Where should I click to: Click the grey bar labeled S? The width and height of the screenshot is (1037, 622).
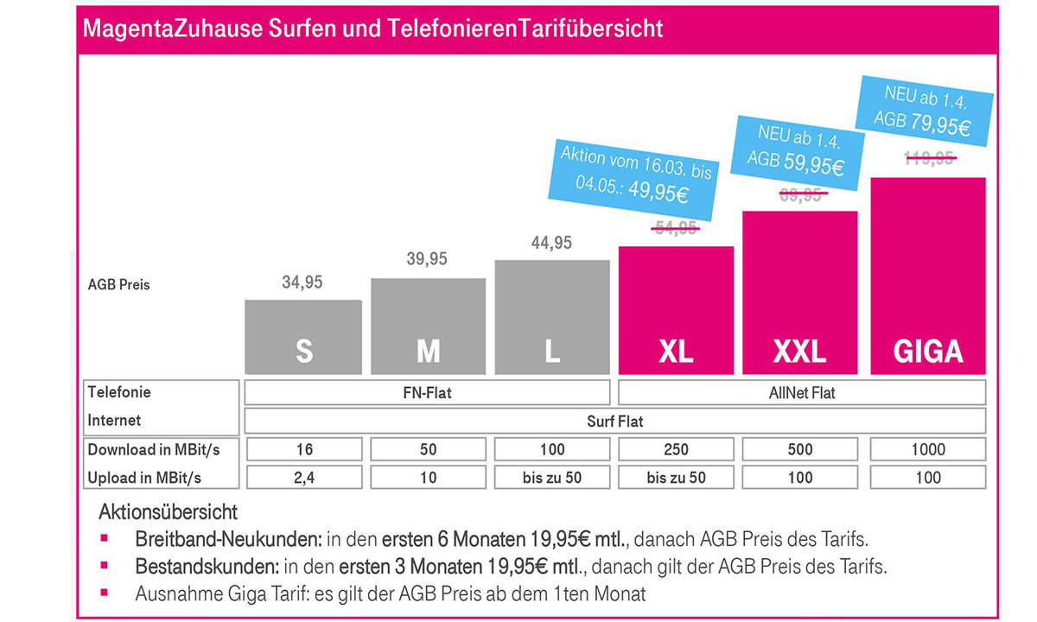(303, 337)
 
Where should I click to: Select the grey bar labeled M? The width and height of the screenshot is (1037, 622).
(428, 327)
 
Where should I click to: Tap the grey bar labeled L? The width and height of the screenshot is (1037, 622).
(551, 317)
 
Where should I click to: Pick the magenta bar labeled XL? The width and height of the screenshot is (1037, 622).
(677, 310)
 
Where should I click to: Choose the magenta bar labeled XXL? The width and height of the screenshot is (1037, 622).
(800, 293)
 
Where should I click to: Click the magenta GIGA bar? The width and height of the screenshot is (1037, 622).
(927, 276)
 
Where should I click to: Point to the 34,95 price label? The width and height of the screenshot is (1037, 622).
(302, 282)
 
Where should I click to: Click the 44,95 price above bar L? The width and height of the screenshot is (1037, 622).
(550, 243)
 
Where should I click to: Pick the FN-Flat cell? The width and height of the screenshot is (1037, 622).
(428, 393)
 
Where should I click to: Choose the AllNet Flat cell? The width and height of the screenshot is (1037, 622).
(802, 393)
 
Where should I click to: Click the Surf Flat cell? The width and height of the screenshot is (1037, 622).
(614, 422)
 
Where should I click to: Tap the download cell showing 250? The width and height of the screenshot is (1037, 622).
(677, 449)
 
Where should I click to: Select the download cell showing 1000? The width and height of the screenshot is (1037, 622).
(927, 449)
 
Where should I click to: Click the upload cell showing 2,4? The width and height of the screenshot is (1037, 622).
(303, 477)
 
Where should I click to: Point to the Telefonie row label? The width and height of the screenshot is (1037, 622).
(119, 392)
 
